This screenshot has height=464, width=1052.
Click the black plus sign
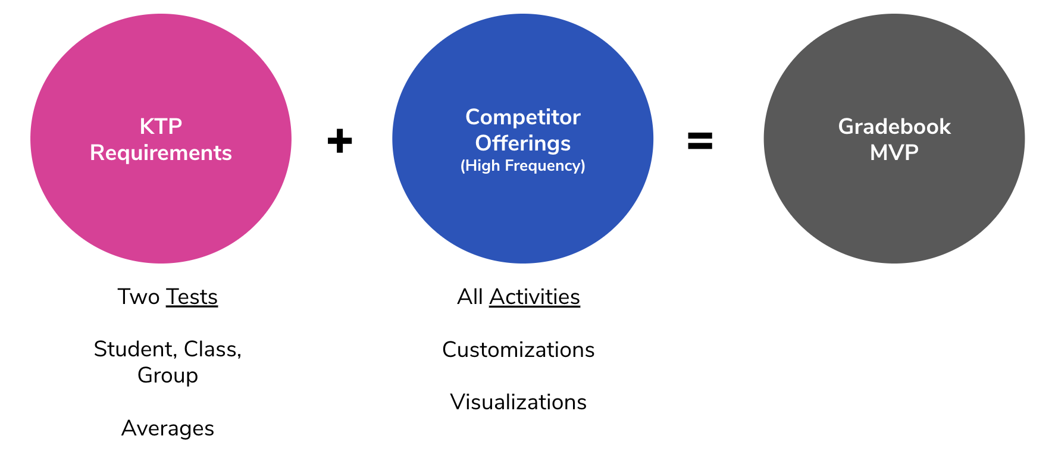[340, 141]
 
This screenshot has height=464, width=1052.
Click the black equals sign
[700, 141]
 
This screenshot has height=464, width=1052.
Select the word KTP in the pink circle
[161, 127]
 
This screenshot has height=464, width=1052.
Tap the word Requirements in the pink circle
[161, 153]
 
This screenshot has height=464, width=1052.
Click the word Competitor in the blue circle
[522, 117]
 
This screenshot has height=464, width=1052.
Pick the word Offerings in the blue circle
[522, 143]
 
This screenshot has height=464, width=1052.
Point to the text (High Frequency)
[522, 165]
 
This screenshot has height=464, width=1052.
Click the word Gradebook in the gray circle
[894, 127]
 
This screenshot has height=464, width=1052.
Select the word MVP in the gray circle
[894, 153]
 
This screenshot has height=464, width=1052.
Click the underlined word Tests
[192, 297]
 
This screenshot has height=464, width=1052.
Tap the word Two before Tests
[139, 297]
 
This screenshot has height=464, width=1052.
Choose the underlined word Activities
[534, 297]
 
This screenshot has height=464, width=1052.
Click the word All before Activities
[470, 297]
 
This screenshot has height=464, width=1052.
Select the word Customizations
[518, 350]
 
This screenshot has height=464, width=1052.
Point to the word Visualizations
[518, 402]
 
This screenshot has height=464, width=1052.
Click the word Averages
[168, 428]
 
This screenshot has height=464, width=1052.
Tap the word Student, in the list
[136, 349]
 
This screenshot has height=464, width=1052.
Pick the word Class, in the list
[212, 349]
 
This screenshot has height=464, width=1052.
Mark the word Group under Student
[168, 376]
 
